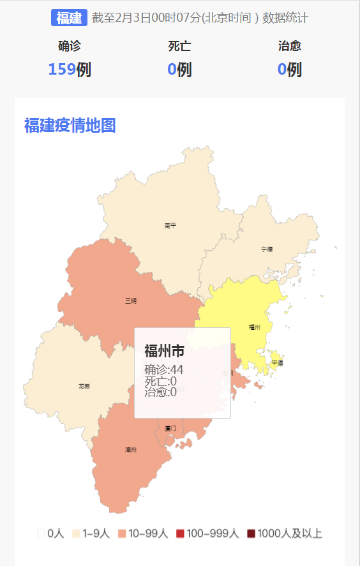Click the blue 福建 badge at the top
[x=69, y=18]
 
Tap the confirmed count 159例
[x=69, y=69]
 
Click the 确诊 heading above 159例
[x=69, y=46]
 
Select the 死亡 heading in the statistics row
[x=179, y=46]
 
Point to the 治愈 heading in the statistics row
[x=290, y=46]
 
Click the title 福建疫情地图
[x=70, y=125]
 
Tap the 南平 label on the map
[x=170, y=225]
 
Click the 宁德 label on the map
[x=267, y=249]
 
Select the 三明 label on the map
[x=130, y=300]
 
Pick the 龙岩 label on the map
[x=84, y=386]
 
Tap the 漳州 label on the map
[x=131, y=450]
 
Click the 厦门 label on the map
[x=170, y=428]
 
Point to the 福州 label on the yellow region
[x=255, y=327]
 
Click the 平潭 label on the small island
[x=277, y=362]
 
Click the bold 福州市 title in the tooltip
[x=164, y=350]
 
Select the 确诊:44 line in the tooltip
[x=164, y=369]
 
